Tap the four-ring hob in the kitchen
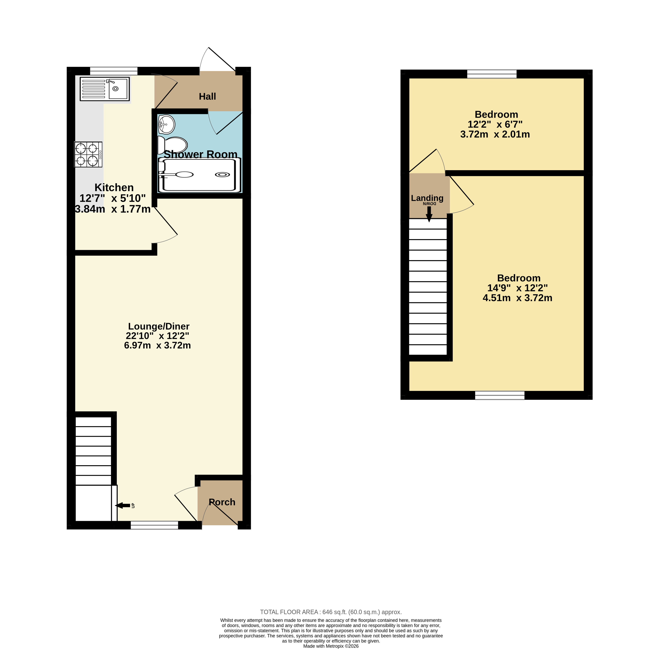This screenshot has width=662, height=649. [x=88, y=154]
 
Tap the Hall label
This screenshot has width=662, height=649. [x=207, y=97]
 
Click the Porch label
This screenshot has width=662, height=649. [x=222, y=502]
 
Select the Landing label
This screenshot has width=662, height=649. [x=427, y=198]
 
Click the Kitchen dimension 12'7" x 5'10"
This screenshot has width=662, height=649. [x=113, y=198]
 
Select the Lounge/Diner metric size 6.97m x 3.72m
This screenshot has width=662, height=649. [x=157, y=345]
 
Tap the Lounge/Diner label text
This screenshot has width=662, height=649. [x=159, y=326]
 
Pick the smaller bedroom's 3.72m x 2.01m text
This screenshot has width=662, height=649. [x=495, y=134]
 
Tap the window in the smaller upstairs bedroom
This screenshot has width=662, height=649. [x=492, y=74]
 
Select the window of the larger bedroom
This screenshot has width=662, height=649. [x=500, y=395]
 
